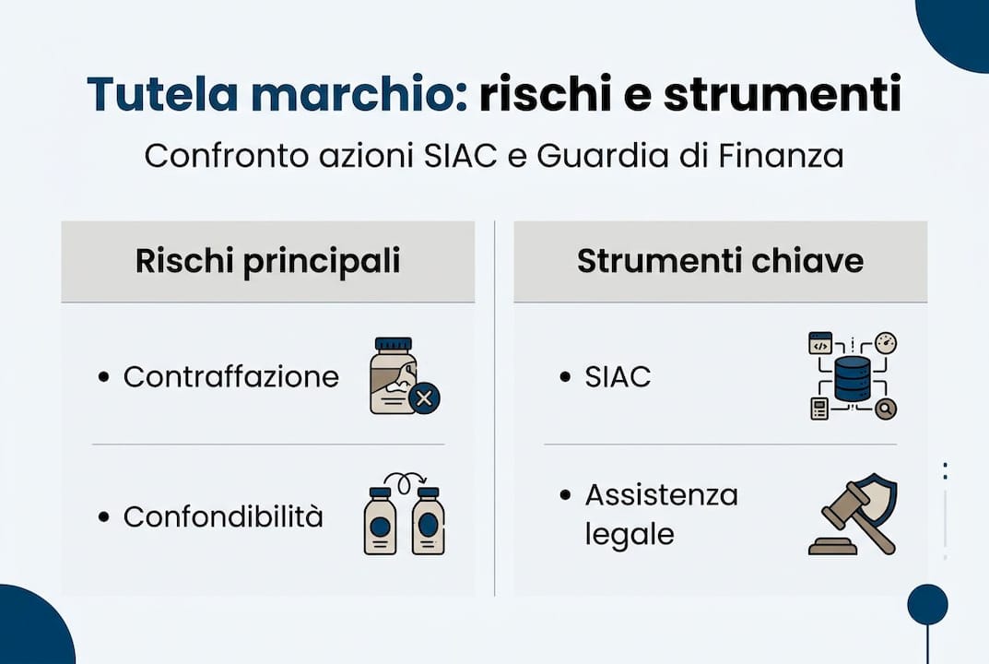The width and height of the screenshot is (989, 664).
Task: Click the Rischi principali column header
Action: click(267, 261)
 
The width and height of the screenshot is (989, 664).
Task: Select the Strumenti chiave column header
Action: click(720, 261)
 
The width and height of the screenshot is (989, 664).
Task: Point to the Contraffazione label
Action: click(230, 376)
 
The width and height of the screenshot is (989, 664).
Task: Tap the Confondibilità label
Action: click(223, 516)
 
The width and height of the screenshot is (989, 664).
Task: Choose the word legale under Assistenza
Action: click(629, 535)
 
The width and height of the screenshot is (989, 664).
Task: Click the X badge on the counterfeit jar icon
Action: click(424, 398)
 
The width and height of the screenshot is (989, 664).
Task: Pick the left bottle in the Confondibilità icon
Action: click(380, 522)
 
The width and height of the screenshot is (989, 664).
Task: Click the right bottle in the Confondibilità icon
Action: click(428, 522)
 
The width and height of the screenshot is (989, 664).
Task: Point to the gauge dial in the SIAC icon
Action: click(886, 344)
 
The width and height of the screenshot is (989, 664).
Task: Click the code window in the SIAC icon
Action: click(820, 344)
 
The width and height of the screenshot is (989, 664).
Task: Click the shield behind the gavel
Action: click(879, 498)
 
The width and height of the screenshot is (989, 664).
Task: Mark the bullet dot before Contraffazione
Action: click(103, 376)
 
